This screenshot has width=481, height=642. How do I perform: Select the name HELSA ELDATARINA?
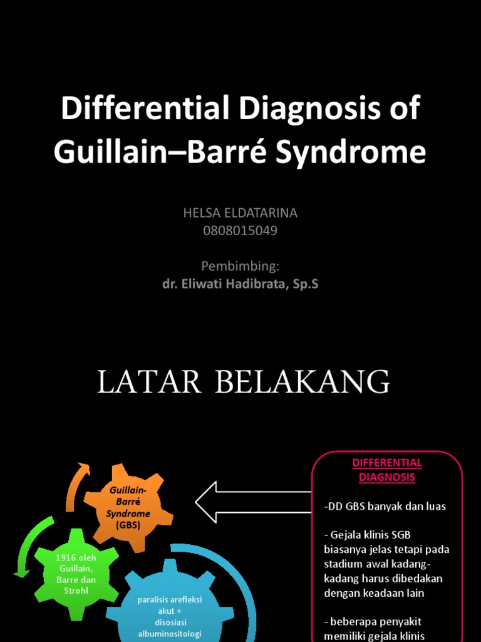(x=240, y=213)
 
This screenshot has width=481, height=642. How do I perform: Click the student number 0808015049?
(x=240, y=231)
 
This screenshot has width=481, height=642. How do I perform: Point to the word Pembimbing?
(x=240, y=266)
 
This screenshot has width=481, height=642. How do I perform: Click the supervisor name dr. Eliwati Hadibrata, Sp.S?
(x=240, y=284)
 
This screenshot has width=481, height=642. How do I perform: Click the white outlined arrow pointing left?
(x=251, y=502)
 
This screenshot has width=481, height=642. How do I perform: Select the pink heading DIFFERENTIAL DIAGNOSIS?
(x=387, y=470)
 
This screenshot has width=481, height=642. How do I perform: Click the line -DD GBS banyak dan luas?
(x=385, y=507)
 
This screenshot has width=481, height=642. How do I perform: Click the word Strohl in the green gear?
(x=76, y=591)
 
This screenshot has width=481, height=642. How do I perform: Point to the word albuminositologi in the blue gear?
(x=170, y=634)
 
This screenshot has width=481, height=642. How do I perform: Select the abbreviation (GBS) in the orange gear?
(x=128, y=525)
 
